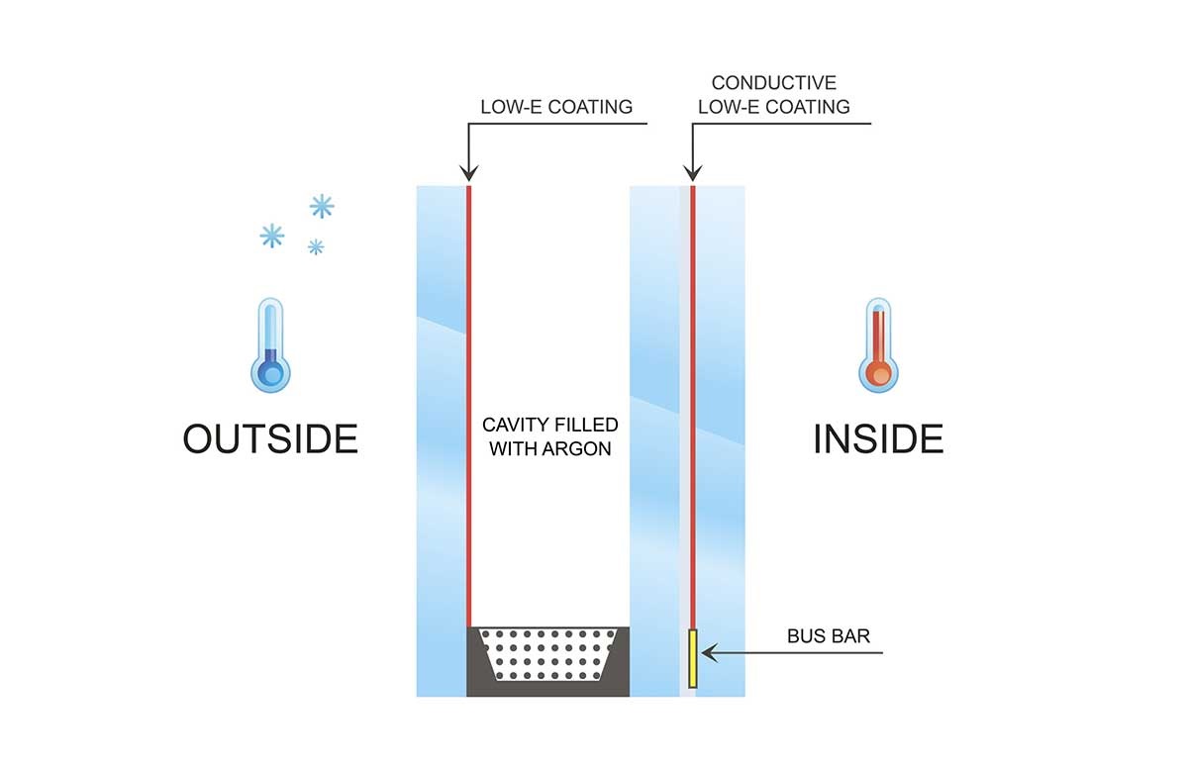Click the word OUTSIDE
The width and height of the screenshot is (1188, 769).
click(x=269, y=437)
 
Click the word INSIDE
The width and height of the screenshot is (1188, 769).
click(x=877, y=438)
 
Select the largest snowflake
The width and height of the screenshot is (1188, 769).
click(x=321, y=206)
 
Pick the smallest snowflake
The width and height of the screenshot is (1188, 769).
click(x=315, y=246)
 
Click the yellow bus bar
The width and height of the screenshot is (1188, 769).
click(x=693, y=657)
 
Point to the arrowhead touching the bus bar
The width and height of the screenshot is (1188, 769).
click(x=705, y=653)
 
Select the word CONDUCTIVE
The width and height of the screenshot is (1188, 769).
click(x=773, y=83)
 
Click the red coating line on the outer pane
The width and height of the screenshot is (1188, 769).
click(x=469, y=396)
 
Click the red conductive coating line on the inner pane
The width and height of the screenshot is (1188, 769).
click(x=692, y=396)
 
